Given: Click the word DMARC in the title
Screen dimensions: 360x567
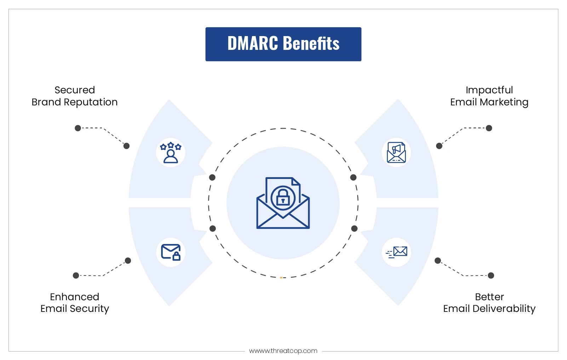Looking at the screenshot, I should [253, 43].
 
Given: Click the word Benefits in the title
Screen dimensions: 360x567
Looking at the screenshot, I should [311, 43].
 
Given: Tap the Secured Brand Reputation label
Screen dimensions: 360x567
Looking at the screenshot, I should [75, 96].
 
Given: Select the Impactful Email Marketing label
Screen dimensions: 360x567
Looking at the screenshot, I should [489, 96].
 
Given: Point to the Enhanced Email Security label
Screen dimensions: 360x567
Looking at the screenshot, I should [75, 303].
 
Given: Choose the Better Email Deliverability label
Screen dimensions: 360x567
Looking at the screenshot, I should [489, 303].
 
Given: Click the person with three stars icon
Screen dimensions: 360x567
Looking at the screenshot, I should [171, 152].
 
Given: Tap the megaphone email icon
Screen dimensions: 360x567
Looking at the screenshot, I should [396, 152].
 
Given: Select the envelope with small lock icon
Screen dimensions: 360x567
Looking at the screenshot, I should [171, 252].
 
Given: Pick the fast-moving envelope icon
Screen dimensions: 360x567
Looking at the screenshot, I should [396, 252].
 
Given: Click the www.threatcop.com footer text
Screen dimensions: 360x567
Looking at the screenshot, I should [283, 351].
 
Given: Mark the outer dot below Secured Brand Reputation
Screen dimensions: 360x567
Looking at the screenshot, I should [78, 128].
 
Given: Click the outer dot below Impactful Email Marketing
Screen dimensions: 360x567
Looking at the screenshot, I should [489, 128].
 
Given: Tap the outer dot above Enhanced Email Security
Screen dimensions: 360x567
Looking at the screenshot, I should [76, 275].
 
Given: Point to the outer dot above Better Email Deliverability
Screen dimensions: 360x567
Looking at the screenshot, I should [491, 275].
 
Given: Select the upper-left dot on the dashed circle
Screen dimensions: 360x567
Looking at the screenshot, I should [212, 178].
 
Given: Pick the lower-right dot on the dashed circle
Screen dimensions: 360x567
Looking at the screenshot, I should [354, 228].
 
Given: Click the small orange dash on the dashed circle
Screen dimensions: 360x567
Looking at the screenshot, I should [281, 278].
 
